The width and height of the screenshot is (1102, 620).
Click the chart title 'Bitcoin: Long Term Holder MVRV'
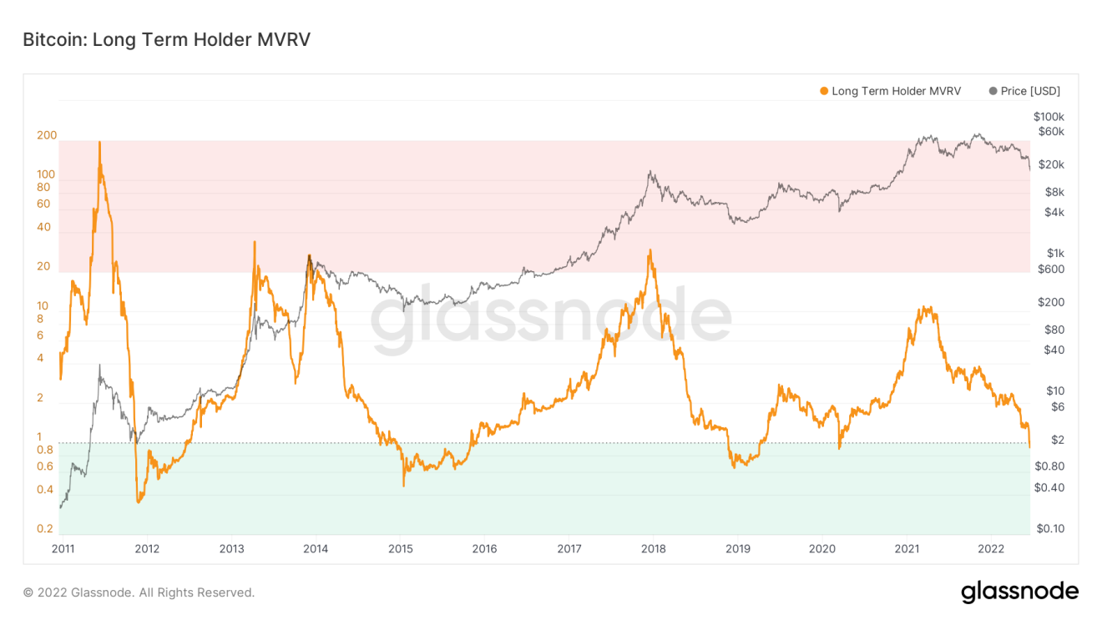(x=166, y=40)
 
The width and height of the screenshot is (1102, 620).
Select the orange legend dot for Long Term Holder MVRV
(x=823, y=91)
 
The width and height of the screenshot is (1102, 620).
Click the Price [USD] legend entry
(x=1024, y=91)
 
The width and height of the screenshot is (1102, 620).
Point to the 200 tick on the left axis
(x=47, y=135)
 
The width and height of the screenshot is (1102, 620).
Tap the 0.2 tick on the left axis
(x=45, y=528)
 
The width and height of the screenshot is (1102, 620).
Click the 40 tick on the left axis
(x=43, y=227)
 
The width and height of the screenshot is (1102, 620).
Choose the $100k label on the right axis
(x=1049, y=117)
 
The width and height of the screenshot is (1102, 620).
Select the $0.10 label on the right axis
(x=1050, y=528)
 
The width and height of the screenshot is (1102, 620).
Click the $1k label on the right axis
(x=1055, y=253)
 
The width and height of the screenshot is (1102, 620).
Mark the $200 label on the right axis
(x=1051, y=302)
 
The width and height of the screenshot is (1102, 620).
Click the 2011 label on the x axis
(x=63, y=549)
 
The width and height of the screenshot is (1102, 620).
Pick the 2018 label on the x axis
(x=654, y=549)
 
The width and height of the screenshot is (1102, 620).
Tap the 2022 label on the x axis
(x=991, y=549)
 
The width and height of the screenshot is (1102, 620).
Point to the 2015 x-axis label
(x=401, y=549)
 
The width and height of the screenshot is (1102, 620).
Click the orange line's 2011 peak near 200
(x=99, y=142)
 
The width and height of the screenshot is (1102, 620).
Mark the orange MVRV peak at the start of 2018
(x=650, y=250)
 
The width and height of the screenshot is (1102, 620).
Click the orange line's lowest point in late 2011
(x=139, y=502)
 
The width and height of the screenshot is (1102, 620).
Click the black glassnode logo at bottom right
(x=1020, y=592)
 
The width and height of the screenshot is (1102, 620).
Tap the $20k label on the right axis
(x=1051, y=164)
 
